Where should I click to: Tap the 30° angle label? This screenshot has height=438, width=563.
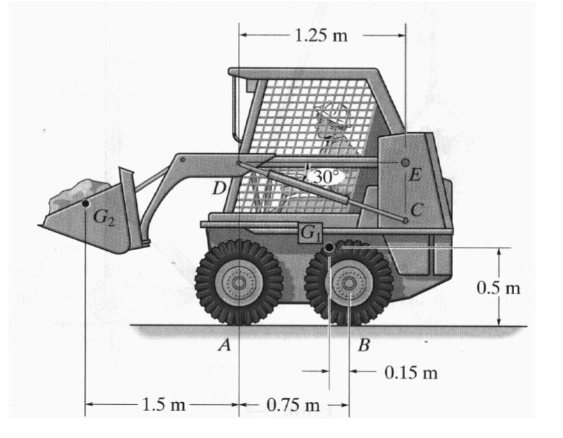325,177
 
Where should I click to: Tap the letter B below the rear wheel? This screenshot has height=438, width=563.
364,346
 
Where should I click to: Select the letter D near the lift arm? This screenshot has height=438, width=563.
218,188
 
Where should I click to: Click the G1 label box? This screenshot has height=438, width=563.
310,233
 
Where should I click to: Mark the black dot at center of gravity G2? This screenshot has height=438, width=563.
85,203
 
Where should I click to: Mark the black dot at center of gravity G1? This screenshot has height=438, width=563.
329,248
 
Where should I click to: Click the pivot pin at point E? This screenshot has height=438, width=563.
405,163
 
